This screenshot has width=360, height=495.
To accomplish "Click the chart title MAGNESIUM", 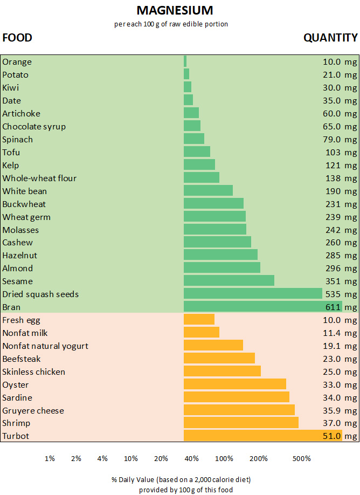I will click(175, 10).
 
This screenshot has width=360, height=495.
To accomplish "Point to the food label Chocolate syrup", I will click(34, 127).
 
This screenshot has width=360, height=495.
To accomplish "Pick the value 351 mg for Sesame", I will click(341, 281).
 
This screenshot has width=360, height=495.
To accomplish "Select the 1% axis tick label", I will click(50, 458).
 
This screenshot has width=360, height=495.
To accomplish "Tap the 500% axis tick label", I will click(302, 458).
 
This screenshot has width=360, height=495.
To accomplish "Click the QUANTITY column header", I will click(330, 38).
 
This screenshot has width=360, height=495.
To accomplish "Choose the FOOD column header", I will click(17, 38).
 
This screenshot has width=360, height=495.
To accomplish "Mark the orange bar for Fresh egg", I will click(199, 320).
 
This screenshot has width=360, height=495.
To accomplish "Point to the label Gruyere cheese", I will click(33, 410).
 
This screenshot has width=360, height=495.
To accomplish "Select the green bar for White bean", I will click(208, 191).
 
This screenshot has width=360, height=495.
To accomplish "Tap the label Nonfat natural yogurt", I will click(45, 346).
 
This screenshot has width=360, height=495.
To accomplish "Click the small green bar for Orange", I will click(185, 61).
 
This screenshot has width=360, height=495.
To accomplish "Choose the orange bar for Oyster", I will click(234, 384).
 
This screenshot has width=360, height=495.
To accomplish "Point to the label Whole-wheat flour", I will click(39, 178).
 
